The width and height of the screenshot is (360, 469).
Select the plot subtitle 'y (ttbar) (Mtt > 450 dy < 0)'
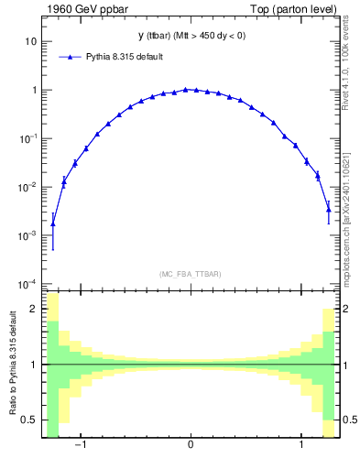pos(190,36)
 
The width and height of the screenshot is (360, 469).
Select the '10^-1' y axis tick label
pos(29,138)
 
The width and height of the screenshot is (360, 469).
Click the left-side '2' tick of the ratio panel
pos(35,310)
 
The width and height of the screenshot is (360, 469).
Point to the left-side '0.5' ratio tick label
pos(30,420)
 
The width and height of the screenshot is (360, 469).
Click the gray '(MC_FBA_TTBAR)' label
pos(190,274)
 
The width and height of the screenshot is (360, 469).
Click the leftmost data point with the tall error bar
pos(53,224)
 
